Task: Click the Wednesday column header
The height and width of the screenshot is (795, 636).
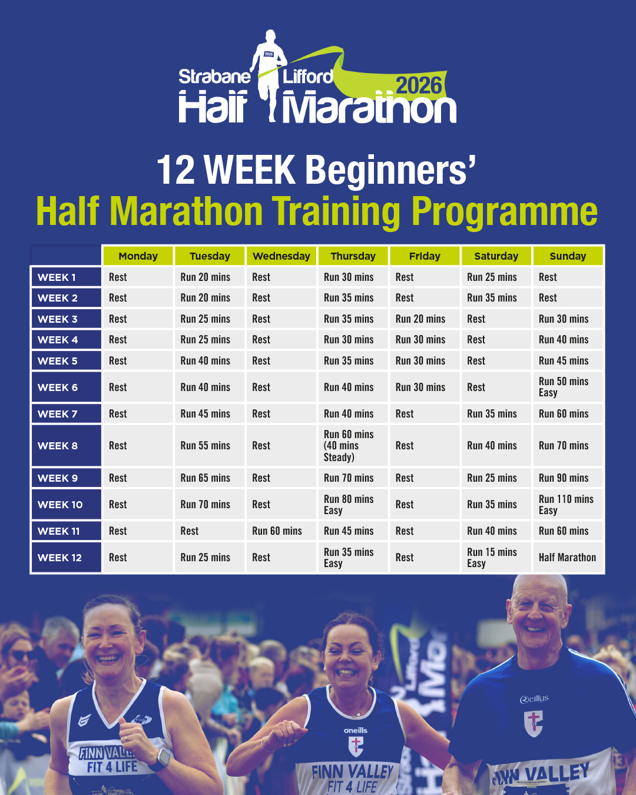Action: pyautogui.click(x=281, y=256)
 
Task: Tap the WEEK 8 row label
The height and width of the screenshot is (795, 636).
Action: pyautogui.click(x=66, y=446)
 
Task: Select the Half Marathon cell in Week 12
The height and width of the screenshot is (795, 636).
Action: pyautogui.click(x=568, y=557)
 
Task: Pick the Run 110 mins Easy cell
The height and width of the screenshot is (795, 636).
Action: pyautogui.click(x=568, y=504)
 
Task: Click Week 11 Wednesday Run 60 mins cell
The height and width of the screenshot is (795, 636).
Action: pyautogui.click(x=281, y=531)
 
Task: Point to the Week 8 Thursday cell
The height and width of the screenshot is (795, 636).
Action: pyautogui.click(x=353, y=446)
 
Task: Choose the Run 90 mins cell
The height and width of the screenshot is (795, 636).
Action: pyautogui.click(x=568, y=478)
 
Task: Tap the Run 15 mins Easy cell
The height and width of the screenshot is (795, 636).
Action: pyautogui.click(x=496, y=557)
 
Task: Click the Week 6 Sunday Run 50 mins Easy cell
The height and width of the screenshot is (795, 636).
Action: pyautogui.click(x=568, y=387)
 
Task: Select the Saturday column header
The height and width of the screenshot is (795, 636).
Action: pyautogui.click(x=496, y=256)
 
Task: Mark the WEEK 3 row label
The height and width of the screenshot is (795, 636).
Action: pyautogui.click(x=66, y=319)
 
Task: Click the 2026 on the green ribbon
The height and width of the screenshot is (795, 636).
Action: pyautogui.click(x=419, y=86)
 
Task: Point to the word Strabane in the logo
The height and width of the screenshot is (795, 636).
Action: pyautogui.click(x=215, y=77)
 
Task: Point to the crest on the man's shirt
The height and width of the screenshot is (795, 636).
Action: pyautogui.click(x=533, y=723)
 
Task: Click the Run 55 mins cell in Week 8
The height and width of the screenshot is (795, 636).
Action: pyautogui.click(x=210, y=446)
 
